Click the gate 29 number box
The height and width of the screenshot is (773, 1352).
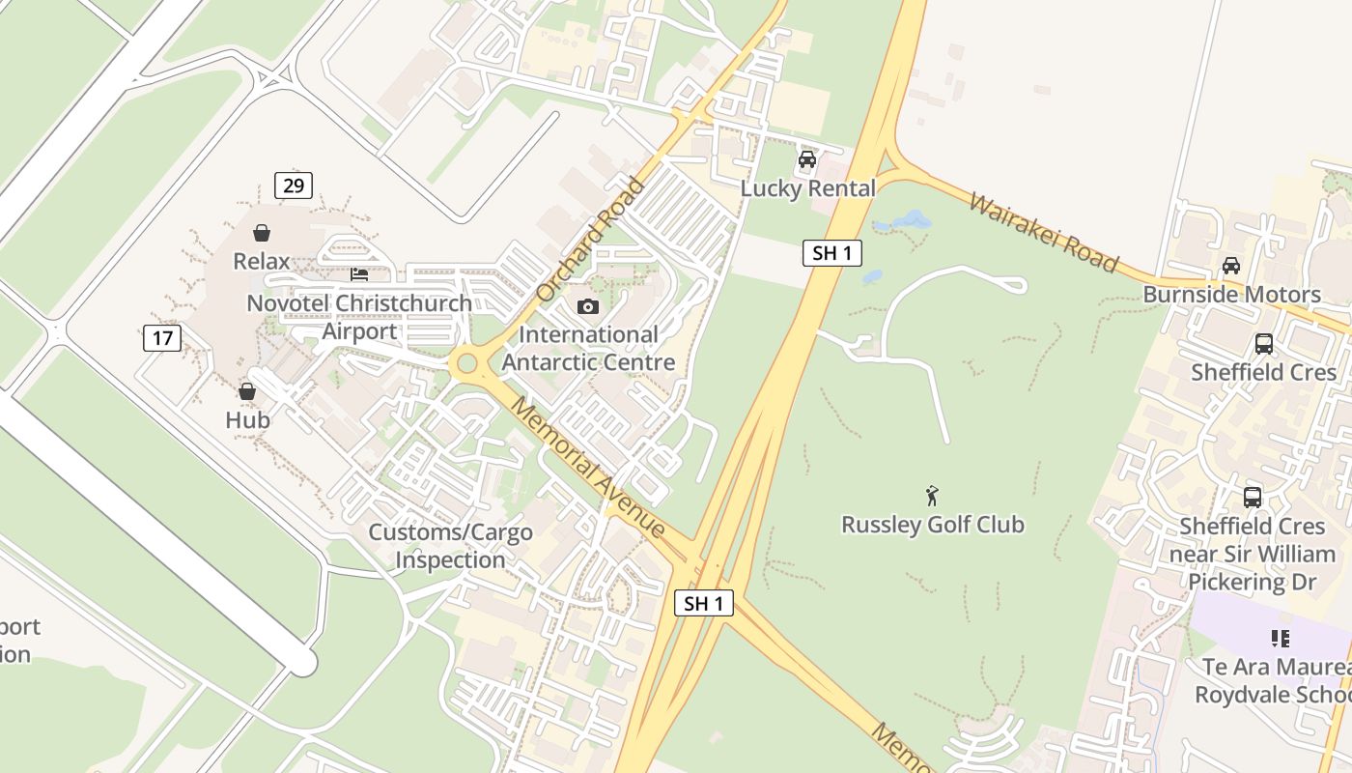click(293, 186)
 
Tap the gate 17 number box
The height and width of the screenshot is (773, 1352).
click(161, 338)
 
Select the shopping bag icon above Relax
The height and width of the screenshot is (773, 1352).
click(261, 233)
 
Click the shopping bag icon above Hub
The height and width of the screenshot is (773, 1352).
click(247, 391)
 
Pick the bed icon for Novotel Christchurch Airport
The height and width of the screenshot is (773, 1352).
click(359, 274)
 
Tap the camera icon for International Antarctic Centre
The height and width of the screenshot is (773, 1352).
click(587, 307)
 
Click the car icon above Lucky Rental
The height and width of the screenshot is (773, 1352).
click(807, 159)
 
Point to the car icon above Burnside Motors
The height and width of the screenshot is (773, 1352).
click(1231, 266)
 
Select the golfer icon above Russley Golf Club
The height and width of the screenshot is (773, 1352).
click(932, 496)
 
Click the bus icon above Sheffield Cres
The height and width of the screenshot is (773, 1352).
click(1263, 343)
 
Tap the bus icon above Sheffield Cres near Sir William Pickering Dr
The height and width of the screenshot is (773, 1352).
click(1253, 498)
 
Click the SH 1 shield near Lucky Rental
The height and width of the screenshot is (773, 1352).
click(831, 253)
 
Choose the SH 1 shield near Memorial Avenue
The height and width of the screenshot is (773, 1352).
click(704, 604)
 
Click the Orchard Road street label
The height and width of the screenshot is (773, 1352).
click(590, 239)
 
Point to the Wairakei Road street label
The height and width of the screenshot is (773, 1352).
click(1043, 233)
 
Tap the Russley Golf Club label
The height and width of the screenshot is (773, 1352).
click(932, 525)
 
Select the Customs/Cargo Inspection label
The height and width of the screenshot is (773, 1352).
click(450, 546)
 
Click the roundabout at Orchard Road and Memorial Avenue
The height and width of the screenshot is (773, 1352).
click(467, 364)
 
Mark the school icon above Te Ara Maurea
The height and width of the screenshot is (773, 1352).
click(1281, 639)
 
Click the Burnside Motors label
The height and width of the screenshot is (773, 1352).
click(1231, 295)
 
